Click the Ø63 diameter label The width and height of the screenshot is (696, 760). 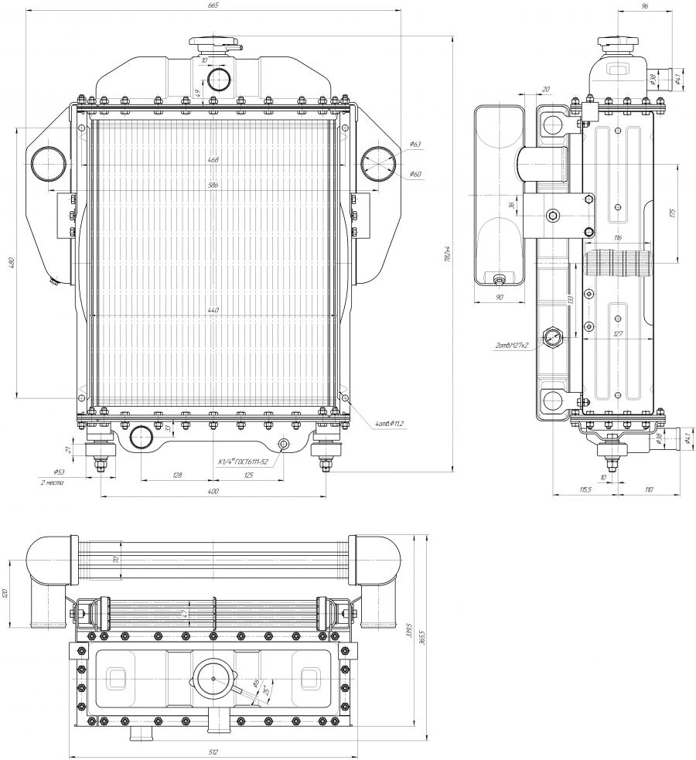(415, 145)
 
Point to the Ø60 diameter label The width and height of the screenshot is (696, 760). (415, 174)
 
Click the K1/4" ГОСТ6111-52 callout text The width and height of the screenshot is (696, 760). (243, 462)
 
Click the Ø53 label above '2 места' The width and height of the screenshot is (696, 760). (59, 472)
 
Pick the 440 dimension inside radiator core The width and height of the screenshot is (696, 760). (213, 310)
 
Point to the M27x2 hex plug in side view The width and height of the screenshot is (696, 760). (552, 337)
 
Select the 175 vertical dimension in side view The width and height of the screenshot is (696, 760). (674, 213)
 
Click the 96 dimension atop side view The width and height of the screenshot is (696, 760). (644, 5)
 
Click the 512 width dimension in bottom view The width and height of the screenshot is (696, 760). (213, 752)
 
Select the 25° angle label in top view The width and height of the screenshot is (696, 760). (265, 690)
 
